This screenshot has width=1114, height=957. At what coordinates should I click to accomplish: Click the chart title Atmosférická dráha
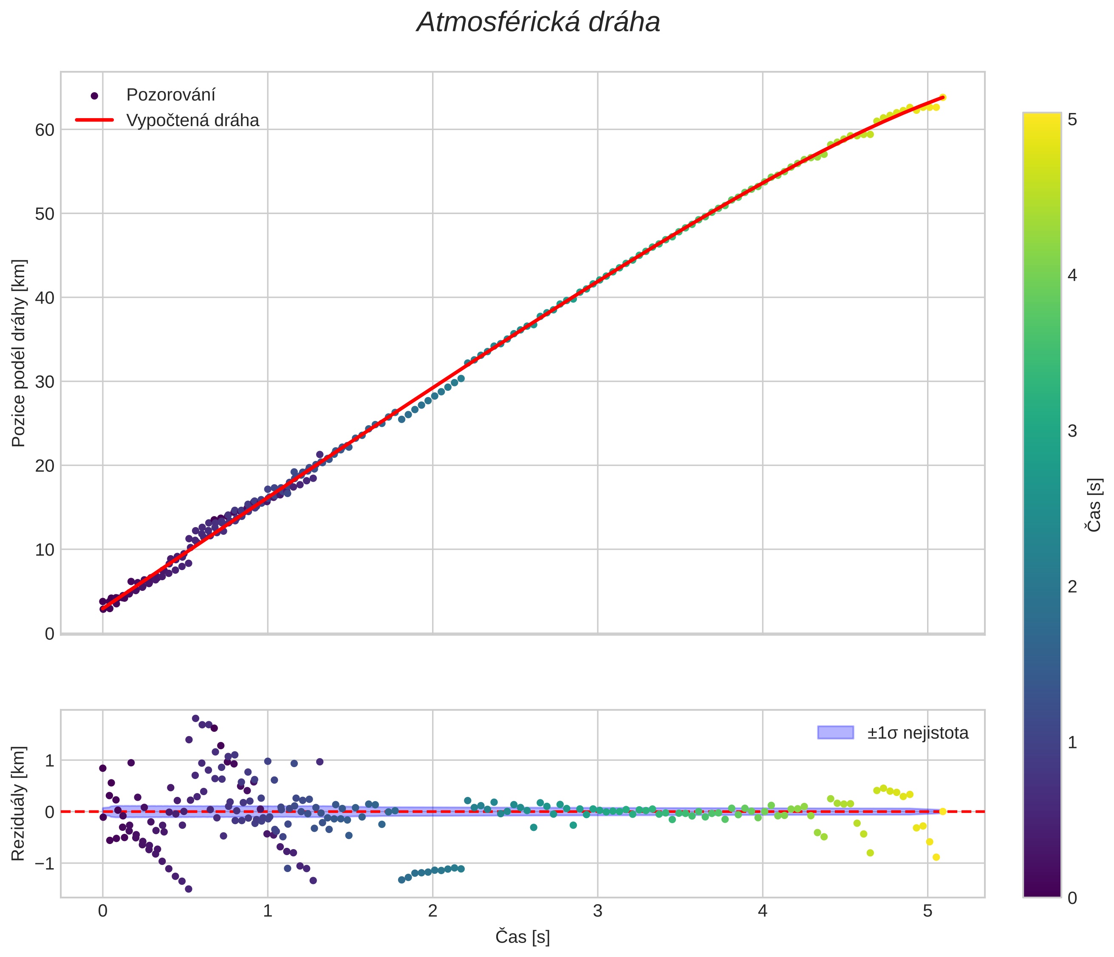pyautogui.click(x=538, y=23)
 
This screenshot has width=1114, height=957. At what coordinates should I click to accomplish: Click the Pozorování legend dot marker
pyautogui.click(x=95, y=96)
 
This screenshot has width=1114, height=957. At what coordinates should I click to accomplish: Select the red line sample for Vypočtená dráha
pyautogui.click(x=95, y=120)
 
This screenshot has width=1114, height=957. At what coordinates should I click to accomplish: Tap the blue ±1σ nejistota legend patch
pyautogui.click(x=835, y=732)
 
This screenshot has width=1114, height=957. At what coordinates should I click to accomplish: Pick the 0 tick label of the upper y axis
pyautogui.click(x=49, y=634)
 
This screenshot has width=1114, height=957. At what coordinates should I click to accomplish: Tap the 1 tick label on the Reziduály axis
pyautogui.click(x=49, y=760)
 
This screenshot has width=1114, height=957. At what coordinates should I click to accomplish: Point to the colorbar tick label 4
pyautogui.click(x=1072, y=275)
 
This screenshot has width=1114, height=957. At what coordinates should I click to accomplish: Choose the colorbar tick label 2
pyautogui.click(x=1072, y=587)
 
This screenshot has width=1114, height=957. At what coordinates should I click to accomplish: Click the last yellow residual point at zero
pyautogui.click(x=942, y=811)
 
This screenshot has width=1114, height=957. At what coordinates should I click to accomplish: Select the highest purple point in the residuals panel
pyautogui.click(x=196, y=718)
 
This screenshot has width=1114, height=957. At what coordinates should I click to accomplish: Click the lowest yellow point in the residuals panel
pyautogui.click(x=936, y=857)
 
